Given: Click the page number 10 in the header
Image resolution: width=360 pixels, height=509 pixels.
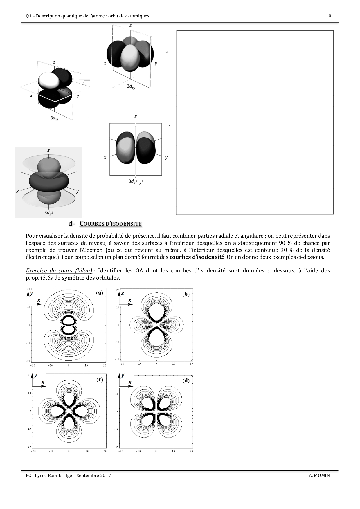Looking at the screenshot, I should pos(328,16).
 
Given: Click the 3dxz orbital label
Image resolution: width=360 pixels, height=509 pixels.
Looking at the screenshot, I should pos(54,118).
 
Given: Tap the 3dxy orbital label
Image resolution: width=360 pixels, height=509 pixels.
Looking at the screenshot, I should pos(131,86).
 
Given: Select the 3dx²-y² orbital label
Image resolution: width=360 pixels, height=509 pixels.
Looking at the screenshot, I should pos(136,181).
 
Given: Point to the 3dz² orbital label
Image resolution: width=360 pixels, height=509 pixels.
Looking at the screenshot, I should pos(48,213).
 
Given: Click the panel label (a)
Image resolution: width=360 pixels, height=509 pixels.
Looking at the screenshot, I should pos(100,293).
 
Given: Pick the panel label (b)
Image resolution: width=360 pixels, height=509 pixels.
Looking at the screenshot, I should pos(186,294).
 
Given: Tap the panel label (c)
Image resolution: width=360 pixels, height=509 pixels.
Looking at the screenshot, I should pos(100,379).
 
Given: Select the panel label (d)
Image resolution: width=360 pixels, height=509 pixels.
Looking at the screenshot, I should pos(186,380).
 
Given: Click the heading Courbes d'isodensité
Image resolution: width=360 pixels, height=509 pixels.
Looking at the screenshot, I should pos(111,224).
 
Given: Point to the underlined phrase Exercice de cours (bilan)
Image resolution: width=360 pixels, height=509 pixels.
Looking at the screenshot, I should pos(59,271).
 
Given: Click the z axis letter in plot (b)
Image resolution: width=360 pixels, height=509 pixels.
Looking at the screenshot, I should pos(123,293).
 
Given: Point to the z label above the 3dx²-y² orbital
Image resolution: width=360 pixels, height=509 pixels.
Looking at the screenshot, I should pos(136,116).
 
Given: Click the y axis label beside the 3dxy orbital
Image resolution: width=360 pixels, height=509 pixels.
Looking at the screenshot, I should pos(156,63).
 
